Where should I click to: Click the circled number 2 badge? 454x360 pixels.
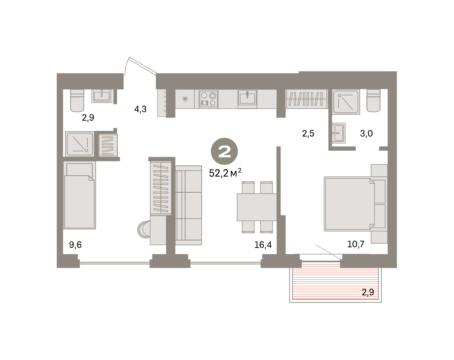[224, 151]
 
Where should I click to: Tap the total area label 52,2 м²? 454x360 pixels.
[225, 173]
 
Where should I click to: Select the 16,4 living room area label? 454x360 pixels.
[263, 245]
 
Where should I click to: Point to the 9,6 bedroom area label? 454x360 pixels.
[75, 245]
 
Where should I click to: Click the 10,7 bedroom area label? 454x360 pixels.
[356, 244]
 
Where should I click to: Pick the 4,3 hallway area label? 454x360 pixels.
[140, 109]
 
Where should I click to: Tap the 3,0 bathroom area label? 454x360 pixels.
[366, 134]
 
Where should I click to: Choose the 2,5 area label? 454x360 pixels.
[308, 134]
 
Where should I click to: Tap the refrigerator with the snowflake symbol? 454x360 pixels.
[185, 99]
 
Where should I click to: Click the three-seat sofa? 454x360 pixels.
[189, 205]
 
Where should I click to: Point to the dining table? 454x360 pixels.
[257, 207]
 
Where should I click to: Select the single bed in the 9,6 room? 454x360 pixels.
[79, 195]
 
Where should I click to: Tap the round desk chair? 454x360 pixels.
[144, 229]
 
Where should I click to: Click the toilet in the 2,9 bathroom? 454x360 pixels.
[77, 100]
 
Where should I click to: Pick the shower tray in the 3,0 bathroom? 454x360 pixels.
[346, 102]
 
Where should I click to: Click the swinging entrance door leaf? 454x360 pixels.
[143, 65]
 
